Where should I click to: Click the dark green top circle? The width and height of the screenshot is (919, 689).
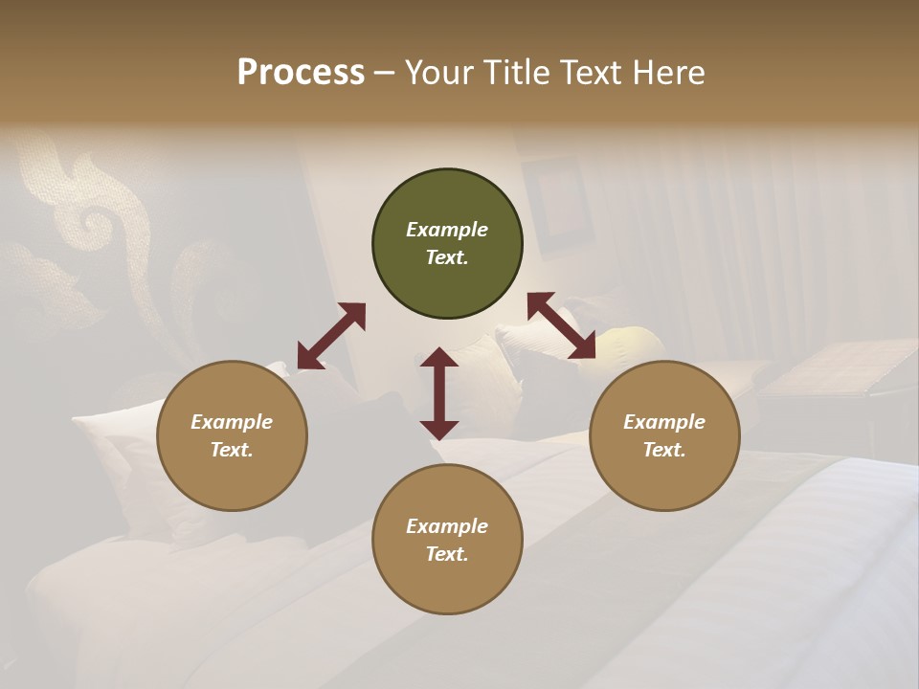point(447,244)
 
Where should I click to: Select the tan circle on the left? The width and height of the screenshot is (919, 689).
point(232,435)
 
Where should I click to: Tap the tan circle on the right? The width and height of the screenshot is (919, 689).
point(663,435)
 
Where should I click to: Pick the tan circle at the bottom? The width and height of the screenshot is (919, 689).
point(447,539)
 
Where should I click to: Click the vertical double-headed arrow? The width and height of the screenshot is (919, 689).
point(439,393)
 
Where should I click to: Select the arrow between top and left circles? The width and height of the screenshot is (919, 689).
point(331,336)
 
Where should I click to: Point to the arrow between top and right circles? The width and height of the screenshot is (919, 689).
point(561,326)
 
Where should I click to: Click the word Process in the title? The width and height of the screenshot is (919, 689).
point(301,73)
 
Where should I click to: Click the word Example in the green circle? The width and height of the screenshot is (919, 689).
point(447,230)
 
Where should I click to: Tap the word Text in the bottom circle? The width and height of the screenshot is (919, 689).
point(447,554)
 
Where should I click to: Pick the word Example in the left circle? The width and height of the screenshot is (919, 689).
point(232,422)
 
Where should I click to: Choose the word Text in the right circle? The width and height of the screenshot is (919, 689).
point(663,450)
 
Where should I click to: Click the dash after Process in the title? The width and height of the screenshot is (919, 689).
point(385,74)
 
